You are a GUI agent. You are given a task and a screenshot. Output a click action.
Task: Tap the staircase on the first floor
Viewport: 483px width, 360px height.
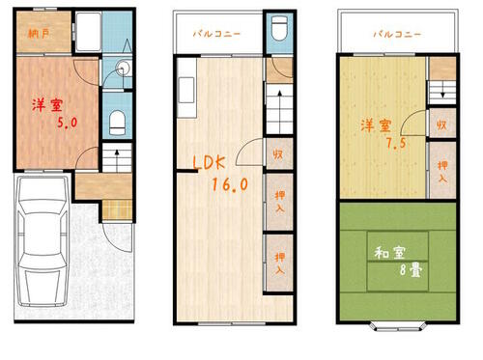click(118, 160)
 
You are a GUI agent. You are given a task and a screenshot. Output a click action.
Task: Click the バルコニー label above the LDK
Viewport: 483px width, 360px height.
click(217, 34)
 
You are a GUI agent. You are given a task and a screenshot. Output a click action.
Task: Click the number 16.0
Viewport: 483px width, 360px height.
click(230, 182)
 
